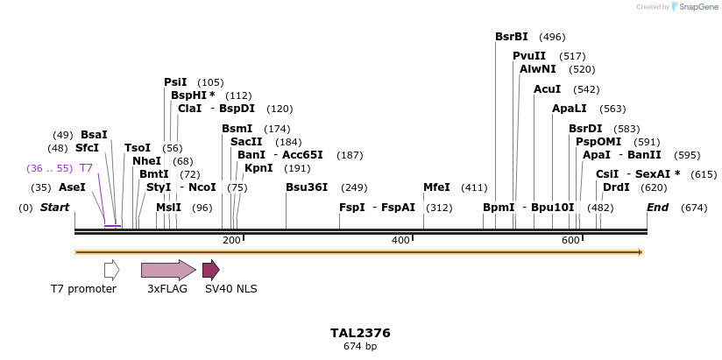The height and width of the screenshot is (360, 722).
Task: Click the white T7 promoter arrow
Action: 111,270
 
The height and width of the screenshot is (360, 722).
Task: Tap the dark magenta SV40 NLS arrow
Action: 210,270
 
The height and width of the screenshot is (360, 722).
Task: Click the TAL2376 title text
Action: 360,333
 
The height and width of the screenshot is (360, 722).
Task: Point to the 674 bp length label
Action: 360,347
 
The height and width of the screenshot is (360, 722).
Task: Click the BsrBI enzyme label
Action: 512,37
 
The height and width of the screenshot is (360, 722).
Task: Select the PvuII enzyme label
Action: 529,56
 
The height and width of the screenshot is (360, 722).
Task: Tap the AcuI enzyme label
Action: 547,89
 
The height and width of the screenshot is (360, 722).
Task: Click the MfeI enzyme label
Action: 436,187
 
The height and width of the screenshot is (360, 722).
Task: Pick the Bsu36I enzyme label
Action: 307,187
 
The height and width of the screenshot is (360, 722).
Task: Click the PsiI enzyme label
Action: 175,82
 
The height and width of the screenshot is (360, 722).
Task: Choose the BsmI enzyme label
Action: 237,129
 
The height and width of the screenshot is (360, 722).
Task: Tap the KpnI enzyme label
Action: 258,168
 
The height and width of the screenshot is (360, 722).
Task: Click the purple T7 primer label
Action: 86,168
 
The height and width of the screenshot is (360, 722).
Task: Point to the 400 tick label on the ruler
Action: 400,240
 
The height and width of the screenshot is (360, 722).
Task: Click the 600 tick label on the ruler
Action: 570,240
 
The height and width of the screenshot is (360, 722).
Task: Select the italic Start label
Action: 55,208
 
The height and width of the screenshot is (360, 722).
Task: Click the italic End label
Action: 657,208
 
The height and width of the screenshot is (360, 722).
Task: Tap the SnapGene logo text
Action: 697,7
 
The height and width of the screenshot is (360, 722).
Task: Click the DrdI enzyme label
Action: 616,187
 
